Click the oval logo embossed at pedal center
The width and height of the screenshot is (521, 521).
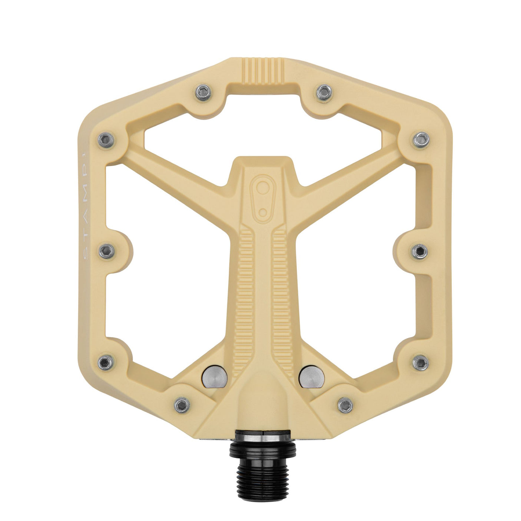click(x=263, y=196)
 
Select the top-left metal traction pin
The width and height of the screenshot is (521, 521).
click(x=203, y=92)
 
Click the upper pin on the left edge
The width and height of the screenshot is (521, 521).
click(x=106, y=140)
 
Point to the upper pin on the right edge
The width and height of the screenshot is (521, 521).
click(x=421, y=139)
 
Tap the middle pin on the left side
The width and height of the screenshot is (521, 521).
click(x=106, y=251)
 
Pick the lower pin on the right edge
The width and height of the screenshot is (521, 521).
click(x=421, y=362)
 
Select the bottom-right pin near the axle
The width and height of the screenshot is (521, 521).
click(x=345, y=404)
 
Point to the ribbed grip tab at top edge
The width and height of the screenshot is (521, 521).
click(x=263, y=70)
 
